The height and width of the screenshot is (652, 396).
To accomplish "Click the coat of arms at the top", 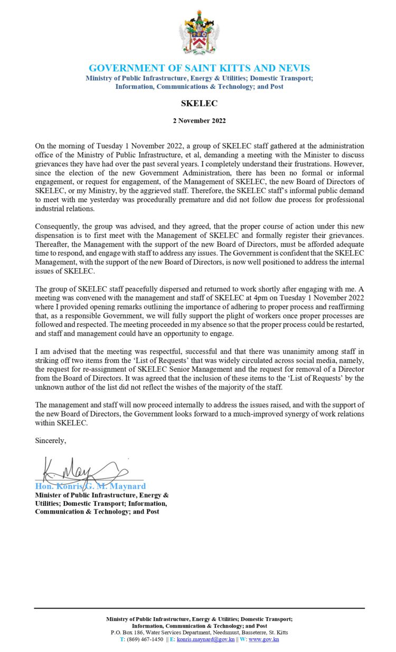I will pyautogui.click(x=199, y=33).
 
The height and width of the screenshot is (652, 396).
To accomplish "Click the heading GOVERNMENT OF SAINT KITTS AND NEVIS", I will pyautogui.click(x=199, y=68).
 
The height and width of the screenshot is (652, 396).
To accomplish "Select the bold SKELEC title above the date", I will pyautogui.click(x=199, y=103).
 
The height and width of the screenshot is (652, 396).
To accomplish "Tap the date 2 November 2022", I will pyautogui.click(x=199, y=121).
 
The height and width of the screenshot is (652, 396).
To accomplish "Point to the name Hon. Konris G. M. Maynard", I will pyautogui.click(x=90, y=486).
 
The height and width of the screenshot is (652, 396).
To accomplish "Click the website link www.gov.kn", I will pyautogui.click(x=263, y=639).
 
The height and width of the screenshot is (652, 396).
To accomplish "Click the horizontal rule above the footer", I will pyautogui.click(x=199, y=608).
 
